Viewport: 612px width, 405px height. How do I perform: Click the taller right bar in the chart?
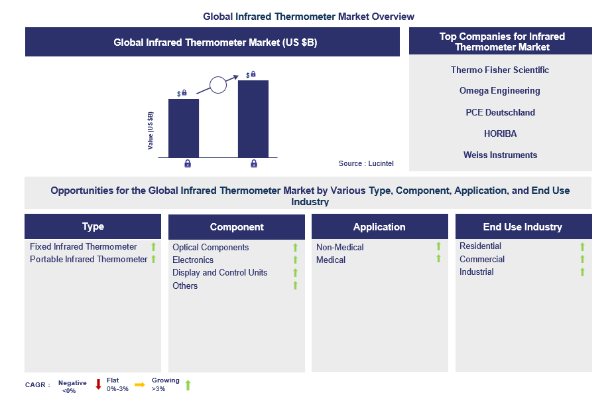coord(253,118)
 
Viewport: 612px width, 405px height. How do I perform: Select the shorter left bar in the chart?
coord(184,127)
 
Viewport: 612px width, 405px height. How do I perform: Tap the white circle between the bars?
coord(218,84)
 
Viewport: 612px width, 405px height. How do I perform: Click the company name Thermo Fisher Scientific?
coord(500,70)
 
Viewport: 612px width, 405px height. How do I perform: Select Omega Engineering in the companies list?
coord(500,91)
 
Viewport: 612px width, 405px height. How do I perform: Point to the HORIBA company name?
coord(500,133)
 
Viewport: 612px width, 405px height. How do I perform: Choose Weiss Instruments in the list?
coord(500,155)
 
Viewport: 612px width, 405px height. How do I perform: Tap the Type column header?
coord(93,226)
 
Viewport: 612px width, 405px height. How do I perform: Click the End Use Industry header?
coord(522,227)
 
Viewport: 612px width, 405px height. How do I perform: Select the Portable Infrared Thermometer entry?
coord(89,259)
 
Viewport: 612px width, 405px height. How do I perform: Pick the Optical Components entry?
coord(211,247)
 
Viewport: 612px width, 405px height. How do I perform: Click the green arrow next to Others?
coord(296,285)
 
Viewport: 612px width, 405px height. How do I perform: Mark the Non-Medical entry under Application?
coord(340,247)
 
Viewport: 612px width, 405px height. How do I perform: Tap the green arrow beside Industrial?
coord(582,272)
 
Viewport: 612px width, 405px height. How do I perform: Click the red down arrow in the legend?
coord(98,384)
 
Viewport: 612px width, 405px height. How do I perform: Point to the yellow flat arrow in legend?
coord(139,384)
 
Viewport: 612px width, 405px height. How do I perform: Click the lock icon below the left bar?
coord(188,163)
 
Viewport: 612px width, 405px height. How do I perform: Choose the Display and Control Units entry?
coord(220,272)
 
